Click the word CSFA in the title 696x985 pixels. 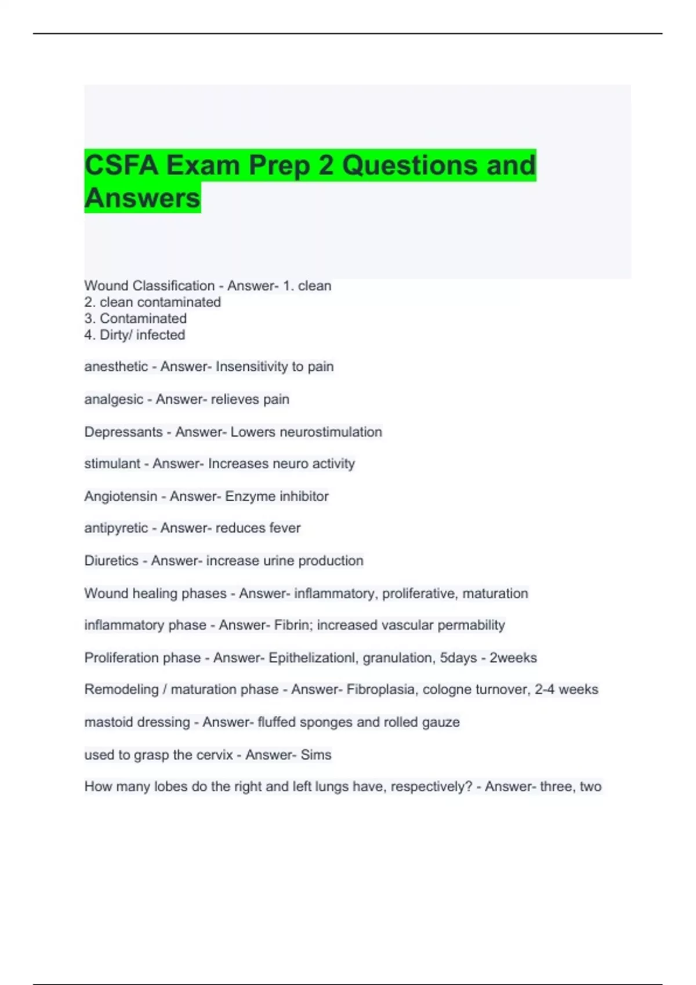click(x=121, y=165)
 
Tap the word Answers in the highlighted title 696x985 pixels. click(x=142, y=198)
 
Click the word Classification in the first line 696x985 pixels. click(x=173, y=286)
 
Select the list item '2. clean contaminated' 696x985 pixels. click(x=153, y=302)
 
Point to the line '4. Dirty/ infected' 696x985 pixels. click(x=135, y=335)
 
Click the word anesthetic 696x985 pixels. click(x=116, y=366)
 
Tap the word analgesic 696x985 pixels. click(x=114, y=399)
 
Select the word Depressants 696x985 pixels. click(x=124, y=432)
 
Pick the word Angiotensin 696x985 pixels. click(x=121, y=496)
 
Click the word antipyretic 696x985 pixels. click(x=116, y=528)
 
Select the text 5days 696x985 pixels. click(x=458, y=658)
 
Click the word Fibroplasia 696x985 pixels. click(x=380, y=690)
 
